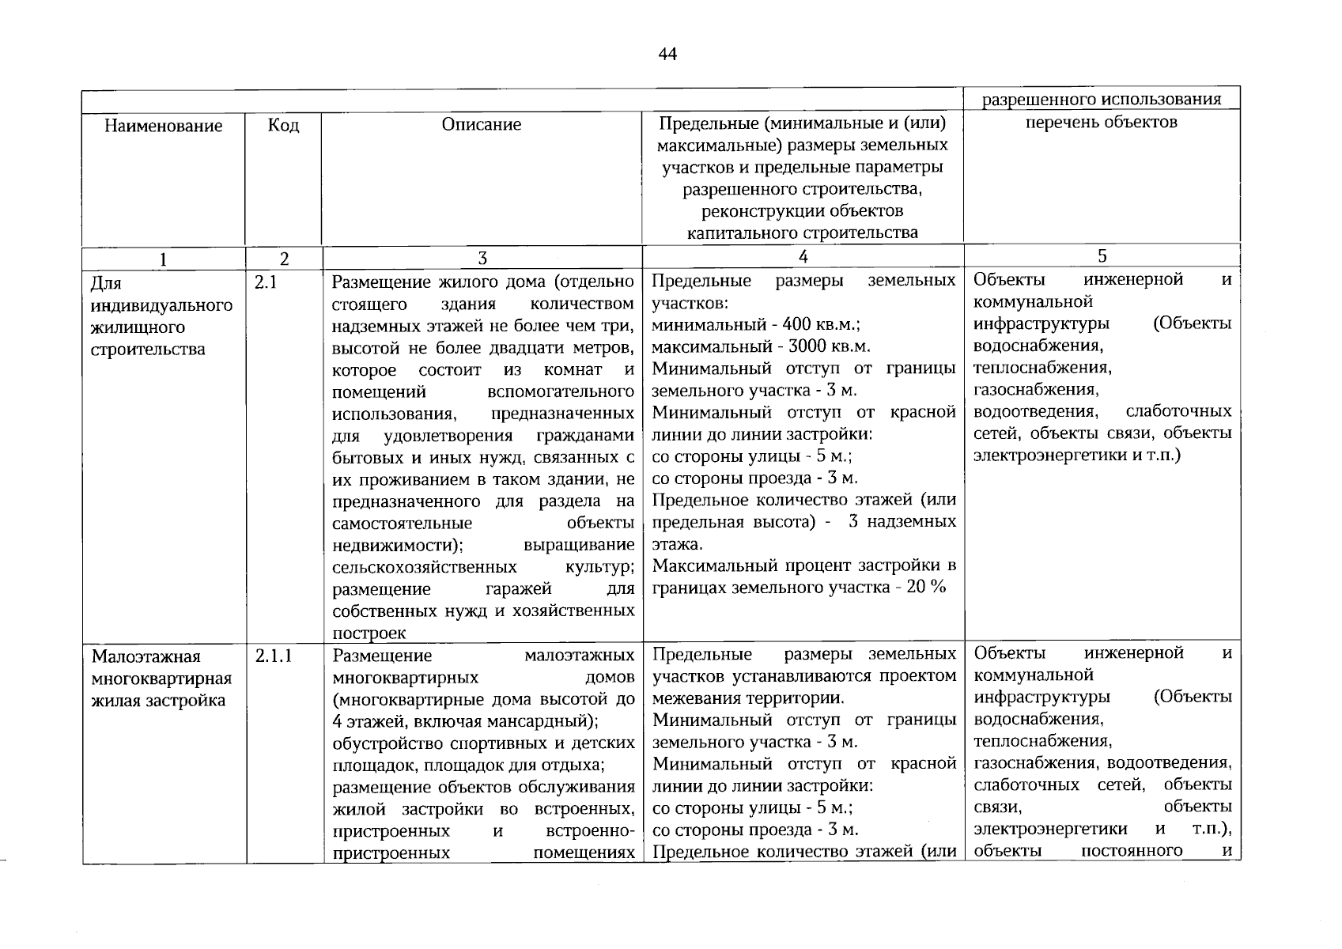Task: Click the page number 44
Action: [667, 55]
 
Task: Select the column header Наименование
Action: [164, 126]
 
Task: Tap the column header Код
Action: [283, 126]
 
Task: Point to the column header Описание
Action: [482, 124]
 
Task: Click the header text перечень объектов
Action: [1102, 122]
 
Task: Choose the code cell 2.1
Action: [266, 282]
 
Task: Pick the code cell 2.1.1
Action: [274, 656]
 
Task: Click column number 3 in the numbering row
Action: [482, 258]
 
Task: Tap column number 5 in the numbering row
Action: [1102, 255]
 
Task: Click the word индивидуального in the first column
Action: [162, 305]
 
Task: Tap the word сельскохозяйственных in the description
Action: [425, 567]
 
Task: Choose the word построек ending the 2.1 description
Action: [369, 633]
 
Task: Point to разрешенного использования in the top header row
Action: [1102, 99]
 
